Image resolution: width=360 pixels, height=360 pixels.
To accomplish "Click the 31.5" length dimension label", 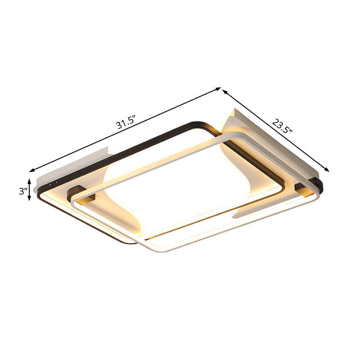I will point(126,122).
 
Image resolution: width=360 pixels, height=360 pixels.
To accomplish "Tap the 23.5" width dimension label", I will point(283,126).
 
